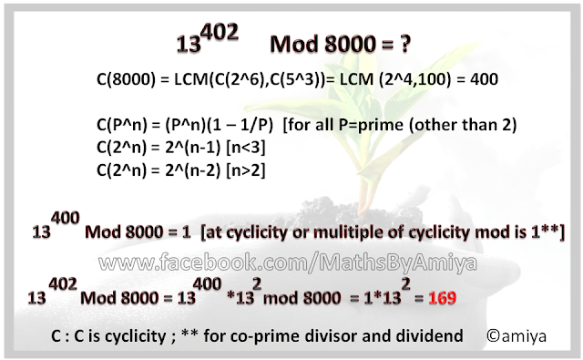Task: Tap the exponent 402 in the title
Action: click(x=220, y=31)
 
